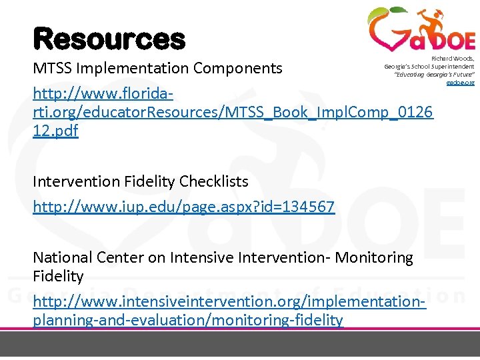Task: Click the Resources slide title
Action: coord(109,39)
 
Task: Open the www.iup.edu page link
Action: coord(183,207)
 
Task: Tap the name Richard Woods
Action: coord(453,59)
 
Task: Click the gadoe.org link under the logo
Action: coord(460,83)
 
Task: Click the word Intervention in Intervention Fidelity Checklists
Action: coord(75,181)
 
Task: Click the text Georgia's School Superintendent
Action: coord(429,67)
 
